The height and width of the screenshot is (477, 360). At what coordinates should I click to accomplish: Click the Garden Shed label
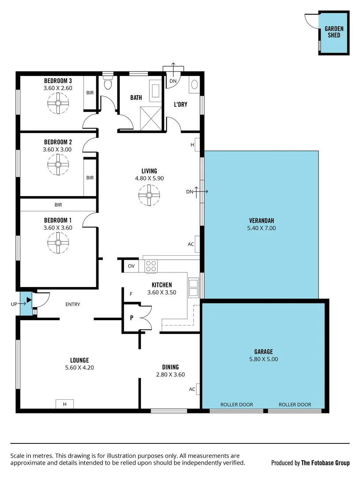click(334, 32)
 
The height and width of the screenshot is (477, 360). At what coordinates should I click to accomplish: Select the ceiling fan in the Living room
click(149, 195)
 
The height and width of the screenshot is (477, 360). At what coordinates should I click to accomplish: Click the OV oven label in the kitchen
click(131, 266)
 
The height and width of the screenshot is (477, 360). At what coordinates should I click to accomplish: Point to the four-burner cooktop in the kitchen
click(151, 266)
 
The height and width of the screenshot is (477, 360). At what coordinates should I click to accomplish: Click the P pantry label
click(132, 317)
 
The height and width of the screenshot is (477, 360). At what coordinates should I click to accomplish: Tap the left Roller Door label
click(236, 405)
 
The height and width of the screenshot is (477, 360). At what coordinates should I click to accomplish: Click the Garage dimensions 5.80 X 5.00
click(263, 360)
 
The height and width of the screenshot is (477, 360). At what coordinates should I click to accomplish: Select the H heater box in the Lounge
click(64, 404)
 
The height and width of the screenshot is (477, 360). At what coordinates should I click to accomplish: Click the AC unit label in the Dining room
click(192, 389)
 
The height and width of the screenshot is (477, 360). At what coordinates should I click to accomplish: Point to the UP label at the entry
click(14, 304)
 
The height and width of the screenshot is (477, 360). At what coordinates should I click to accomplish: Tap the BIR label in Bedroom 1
click(58, 205)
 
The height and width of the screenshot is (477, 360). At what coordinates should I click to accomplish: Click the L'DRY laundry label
click(180, 104)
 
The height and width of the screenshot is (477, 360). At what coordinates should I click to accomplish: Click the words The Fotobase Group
click(325, 463)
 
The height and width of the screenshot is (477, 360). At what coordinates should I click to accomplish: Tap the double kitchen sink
click(193, 288)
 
